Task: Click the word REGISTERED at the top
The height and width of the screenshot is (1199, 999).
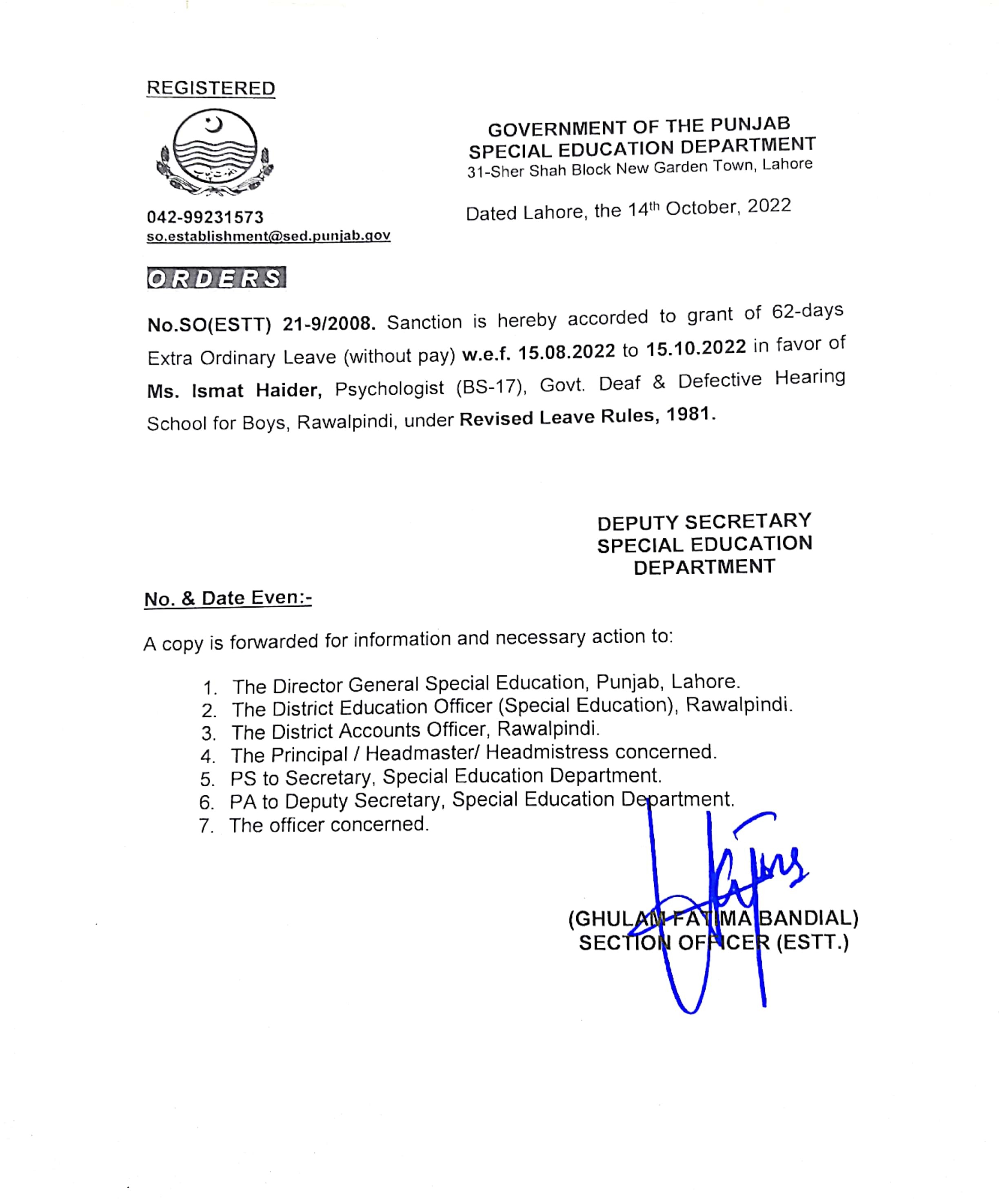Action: [211, 88]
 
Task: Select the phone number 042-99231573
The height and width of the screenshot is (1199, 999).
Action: [205, 217]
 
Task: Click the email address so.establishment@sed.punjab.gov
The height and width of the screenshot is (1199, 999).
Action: [269, 236]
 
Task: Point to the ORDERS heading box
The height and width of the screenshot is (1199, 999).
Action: [216, 278]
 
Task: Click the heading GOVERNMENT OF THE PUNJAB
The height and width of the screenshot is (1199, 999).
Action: [639, 127]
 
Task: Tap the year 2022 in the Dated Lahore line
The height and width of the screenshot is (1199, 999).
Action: [769, 206]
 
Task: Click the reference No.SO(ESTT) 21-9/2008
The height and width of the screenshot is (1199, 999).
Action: [261, 324]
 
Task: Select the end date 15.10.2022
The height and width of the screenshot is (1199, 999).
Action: [696, 347]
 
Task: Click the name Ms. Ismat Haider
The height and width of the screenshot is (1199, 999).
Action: [234, 391]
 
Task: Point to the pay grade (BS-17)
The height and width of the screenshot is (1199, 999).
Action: [490, 387]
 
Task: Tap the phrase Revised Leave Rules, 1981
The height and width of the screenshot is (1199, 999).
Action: [587, 417]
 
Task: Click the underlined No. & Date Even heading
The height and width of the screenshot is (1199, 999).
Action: [228, 598]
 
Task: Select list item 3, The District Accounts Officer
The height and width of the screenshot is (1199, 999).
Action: [415, 730]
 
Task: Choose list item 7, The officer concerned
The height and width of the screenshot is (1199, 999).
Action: [329, 825]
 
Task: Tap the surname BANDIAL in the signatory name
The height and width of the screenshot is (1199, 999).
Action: [808, 918]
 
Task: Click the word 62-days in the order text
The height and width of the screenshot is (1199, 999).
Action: [807, 311]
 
